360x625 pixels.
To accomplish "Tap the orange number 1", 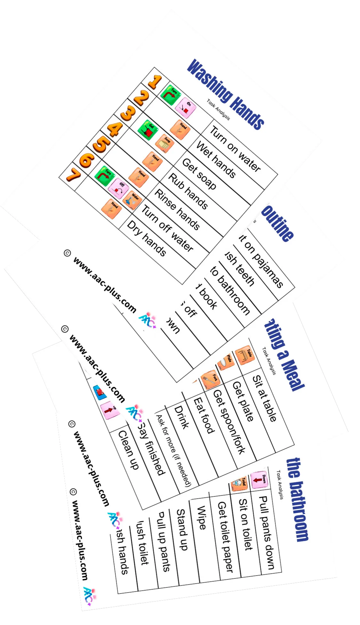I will coord(155,82).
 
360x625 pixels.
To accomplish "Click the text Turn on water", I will coord(235,149).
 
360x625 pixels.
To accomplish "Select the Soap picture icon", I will coord(164,143).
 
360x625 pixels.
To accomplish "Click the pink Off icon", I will coord(118,188).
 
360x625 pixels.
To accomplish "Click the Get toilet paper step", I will coord(226,536).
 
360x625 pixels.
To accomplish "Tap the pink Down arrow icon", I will coord(259,479).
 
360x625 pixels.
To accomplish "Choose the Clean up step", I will coord(128,450).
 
